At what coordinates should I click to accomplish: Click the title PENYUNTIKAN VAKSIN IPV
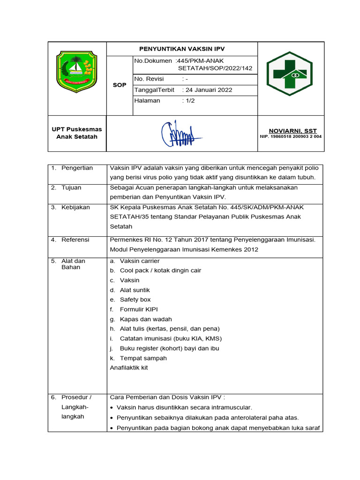click(182, 49)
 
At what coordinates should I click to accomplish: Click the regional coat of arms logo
click(76, 73)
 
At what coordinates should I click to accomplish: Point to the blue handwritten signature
click(180, 134)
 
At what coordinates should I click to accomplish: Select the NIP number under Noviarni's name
click(291, 137)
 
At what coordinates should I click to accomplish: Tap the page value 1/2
click(189, 101)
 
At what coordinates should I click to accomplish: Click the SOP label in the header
click(120, 85)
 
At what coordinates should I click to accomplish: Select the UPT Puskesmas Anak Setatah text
click(76, 133)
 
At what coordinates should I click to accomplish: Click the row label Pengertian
click(77, 168)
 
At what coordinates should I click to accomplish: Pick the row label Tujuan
click(71, 187)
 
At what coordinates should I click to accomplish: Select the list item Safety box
click(135, 300)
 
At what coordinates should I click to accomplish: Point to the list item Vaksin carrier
click(140, 261)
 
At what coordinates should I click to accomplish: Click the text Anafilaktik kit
click(129, 367)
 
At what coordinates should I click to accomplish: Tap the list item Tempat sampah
click(143, 358)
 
